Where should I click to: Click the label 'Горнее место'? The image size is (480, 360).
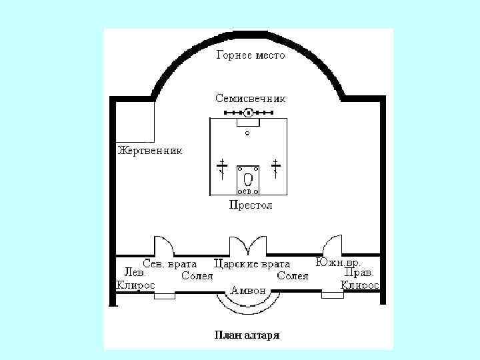(x=250, y=55)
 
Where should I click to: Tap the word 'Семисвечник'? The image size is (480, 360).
(x=250, y=98)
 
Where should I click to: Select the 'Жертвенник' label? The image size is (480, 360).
(x=149, y=150)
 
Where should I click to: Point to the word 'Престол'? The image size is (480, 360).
(x=250, y=205)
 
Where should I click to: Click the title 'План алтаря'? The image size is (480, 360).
(x=247, y=335)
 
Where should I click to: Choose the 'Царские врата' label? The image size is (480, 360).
(x=252, y=264)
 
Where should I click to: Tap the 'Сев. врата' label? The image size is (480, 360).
(x=170, y=263)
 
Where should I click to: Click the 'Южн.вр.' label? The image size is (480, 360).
(x=339, y=262)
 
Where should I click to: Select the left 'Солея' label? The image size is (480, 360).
(x=197, y=275)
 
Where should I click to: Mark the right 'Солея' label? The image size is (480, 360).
(x=293, y=275)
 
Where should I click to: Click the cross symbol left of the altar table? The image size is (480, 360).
(x=223, y=167)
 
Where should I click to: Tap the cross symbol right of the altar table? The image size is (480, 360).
(x=275, y=167)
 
